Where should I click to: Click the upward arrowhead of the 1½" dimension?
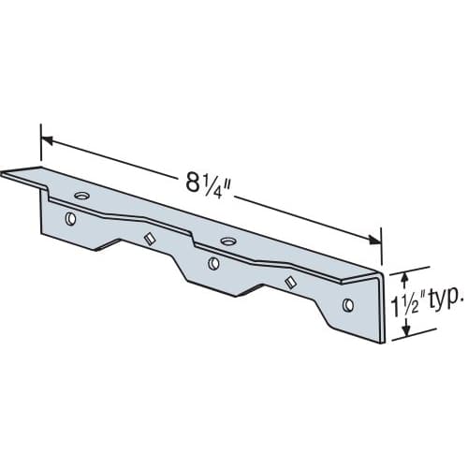(x=404, y=275)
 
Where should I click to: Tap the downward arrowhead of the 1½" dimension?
(x=404, y=331)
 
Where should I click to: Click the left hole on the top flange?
(x=80, y=196)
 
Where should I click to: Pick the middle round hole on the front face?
(x=213, y=263)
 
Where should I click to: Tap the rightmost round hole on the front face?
(x=348, y=304)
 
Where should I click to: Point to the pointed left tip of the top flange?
(x=4, y=171)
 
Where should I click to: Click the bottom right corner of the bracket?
(x=381, y=343)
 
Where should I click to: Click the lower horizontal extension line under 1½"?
(x=412, y=339)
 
